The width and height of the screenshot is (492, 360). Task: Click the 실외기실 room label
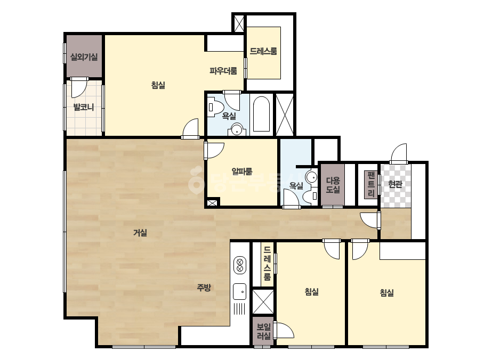84,57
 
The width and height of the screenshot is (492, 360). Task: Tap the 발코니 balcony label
84,107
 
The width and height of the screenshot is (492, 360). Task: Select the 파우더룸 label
223,71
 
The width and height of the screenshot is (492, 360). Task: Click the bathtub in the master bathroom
261,114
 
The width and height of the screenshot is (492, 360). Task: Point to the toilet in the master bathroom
215,107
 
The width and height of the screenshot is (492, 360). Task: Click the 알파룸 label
242,171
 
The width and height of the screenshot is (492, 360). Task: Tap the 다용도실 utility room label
333,185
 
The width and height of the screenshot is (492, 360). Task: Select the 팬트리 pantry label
371,184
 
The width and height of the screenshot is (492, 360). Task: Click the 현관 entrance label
395,184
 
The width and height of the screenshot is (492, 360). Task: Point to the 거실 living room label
140,232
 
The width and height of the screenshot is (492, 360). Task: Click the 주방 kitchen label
204,287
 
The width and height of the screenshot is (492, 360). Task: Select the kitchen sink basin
240,292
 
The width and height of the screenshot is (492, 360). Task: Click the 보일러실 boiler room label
263,331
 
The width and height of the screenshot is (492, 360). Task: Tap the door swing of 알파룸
215,151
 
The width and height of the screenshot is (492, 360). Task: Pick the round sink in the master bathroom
237,129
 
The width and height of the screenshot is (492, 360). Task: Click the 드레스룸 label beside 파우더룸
263,51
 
